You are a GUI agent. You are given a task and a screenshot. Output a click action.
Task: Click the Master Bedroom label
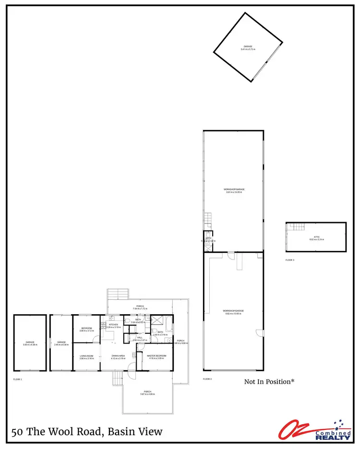coord(157,355)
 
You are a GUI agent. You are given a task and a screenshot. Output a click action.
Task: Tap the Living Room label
coord(86,355)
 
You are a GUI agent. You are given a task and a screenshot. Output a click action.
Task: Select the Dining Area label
coord(118,355)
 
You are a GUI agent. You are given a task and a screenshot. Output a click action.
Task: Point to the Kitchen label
coord(113,325)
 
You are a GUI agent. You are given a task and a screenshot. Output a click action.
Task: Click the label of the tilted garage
coord(248,46)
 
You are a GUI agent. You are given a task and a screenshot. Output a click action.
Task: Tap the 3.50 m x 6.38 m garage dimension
coord(30,344)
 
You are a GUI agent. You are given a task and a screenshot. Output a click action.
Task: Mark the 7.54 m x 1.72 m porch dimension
coord(140,308)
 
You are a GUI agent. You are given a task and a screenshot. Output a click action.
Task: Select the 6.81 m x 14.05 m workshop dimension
coord(234,192)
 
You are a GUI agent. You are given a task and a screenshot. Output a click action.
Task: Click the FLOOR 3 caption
coord(289,260)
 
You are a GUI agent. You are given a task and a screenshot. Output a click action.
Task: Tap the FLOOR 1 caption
coord(18,379)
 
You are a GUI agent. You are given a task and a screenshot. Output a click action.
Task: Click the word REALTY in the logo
coord(332,437)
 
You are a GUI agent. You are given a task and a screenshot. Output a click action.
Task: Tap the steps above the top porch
coord(119,294)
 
